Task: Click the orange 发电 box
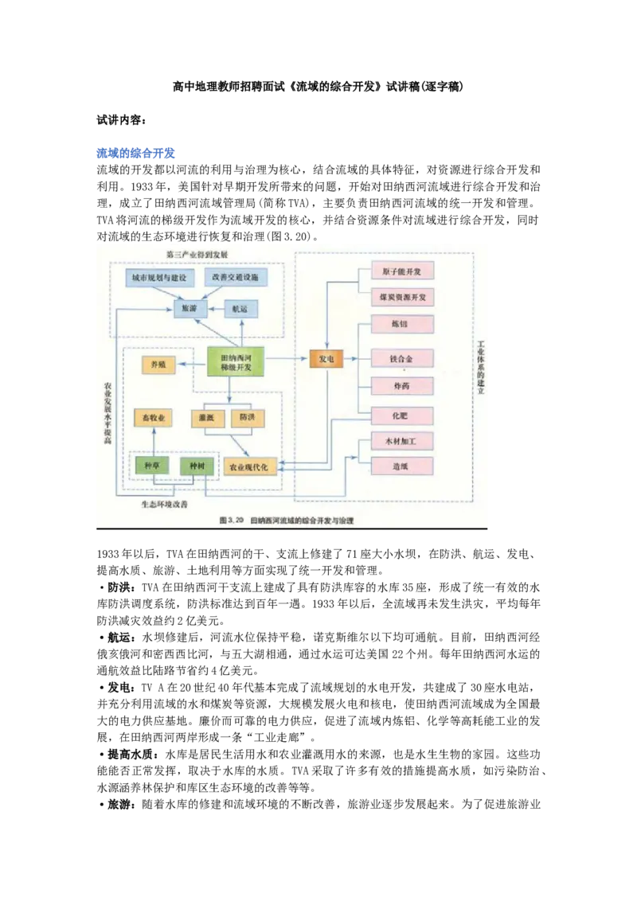(x=326, y=360)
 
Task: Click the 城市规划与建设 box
(x=159, y=278)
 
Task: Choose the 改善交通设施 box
(x=236, y=278)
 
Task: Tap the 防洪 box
(x=247, y=417)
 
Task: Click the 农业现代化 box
(x=251, y=466)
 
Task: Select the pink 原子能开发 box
(x=402, y=272)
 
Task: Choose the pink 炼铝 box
(x=402, y=324)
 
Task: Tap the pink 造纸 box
(x=402, y=466)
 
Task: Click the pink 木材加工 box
(x=402, y=441)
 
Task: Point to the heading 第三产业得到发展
(x=197, y=253)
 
